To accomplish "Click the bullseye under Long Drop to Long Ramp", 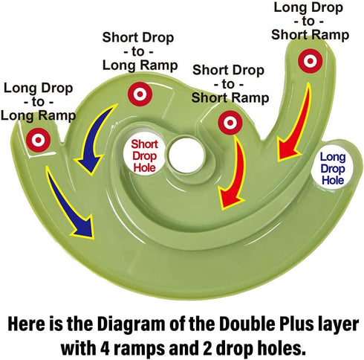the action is coord(38,140).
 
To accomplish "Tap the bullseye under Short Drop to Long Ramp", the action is coord(140,94).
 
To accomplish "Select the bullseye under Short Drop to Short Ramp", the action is coord(230,123).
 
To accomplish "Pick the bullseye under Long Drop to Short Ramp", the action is coord(310,61).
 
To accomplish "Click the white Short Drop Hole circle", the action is coord(144,155).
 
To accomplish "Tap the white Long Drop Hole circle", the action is coord(332,169).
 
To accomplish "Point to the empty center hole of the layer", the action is coord(186,155).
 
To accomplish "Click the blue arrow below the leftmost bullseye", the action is coord(70,202).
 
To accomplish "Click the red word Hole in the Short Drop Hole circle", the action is coord(144,167).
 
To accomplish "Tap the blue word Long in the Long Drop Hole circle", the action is coord(333,157).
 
